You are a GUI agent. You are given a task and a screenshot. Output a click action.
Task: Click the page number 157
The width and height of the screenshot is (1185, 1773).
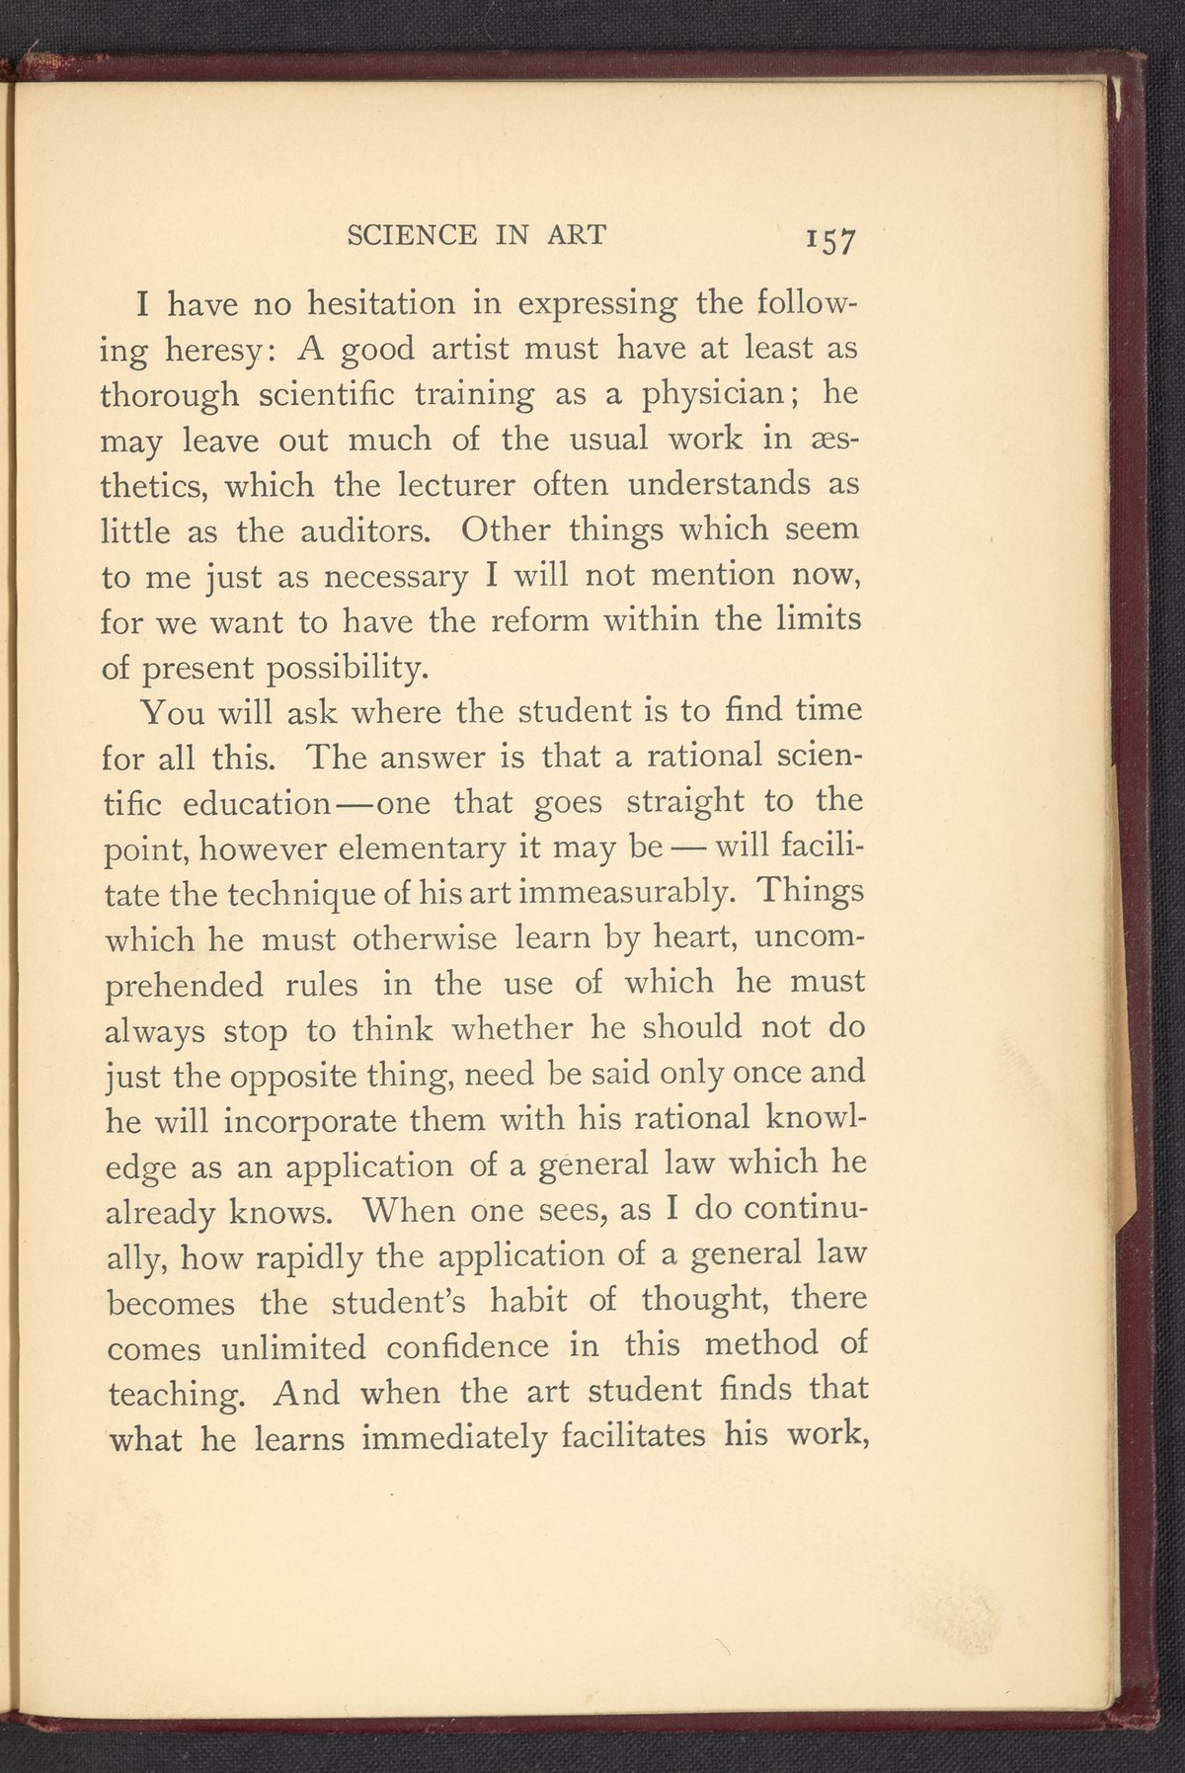831,241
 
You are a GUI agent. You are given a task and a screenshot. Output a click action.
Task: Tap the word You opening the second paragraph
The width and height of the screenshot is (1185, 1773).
172,711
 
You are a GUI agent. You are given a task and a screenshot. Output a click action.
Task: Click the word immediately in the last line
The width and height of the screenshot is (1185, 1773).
454,1438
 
